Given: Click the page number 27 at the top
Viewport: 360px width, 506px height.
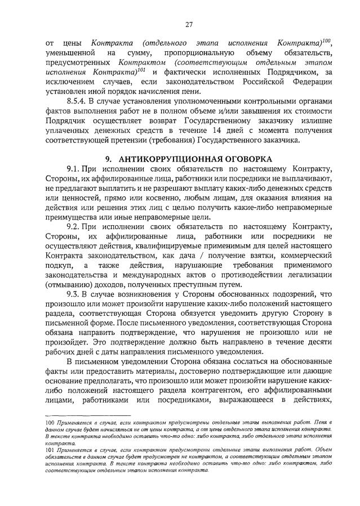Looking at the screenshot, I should [189, 24].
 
